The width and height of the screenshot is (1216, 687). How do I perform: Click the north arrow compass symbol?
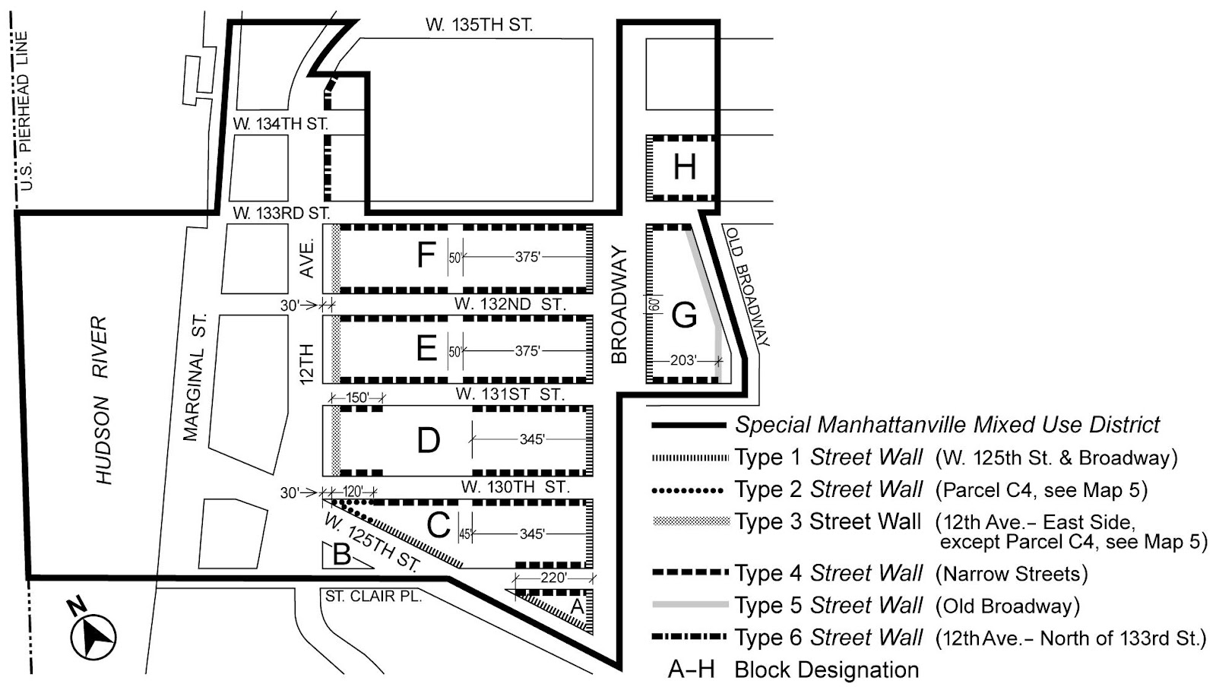pos(93,635)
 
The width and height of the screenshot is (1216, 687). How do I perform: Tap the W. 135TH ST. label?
pos(479,24)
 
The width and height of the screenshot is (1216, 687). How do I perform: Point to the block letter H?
pos(684,166)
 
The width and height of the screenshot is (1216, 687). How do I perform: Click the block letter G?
pos(684,314)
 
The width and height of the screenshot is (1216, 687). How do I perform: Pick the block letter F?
pos(426,255)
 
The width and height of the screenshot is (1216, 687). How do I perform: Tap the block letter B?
pos(342,555)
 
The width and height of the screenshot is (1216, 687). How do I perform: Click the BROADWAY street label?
pos(619,305)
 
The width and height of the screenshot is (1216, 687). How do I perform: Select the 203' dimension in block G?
pos(682,360)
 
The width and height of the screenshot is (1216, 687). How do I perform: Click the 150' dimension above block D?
pos(356,397)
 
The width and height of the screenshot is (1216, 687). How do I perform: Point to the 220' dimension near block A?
pos(553,578)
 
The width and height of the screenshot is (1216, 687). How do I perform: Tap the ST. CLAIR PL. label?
pos(373,597)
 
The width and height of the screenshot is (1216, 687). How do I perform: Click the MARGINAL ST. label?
pos(195,377)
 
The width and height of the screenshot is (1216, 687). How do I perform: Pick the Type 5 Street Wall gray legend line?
pos(689,605)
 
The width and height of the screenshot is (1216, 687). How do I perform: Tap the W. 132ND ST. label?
pos(510,305)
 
